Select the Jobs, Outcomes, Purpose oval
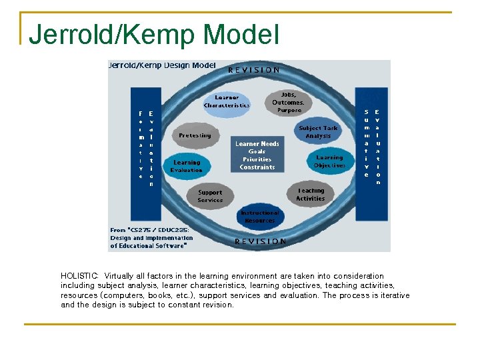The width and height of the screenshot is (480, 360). pyautogui.click(x=287, y=103)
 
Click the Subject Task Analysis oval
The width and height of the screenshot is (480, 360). pyautogui.click(x=318, y=132)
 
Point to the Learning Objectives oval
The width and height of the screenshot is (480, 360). pyautogui.click(x=329, y=161)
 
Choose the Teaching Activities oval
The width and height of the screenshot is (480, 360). pyautogui.click(x=310, y=194)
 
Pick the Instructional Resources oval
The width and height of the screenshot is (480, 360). pyautogui.click(x=259, y=217)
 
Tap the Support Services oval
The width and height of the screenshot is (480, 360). pyautogui.click(x=210, y=196)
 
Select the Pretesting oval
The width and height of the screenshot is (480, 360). pyautogui.click(x=195, y=135)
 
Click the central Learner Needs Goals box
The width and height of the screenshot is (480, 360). pyautogui.click(x=257, y=155)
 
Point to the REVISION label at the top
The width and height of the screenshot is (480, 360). pyautogui.click(x=254, y=69)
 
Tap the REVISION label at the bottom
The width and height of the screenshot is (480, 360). pyautogui.click(x=260, y=241)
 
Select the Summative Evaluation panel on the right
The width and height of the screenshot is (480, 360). pyautogui.click(x=371, y=143)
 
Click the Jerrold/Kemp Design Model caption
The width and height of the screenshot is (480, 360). pyautogui.click(x=162, y=65)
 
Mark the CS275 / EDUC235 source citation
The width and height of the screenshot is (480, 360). pyautogui.click(x=152, y=237)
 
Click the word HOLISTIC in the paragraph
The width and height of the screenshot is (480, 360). pyautogui.click(x=79, y=276)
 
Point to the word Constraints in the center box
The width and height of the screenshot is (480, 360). pyautogui.click(x=257, y=167)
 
